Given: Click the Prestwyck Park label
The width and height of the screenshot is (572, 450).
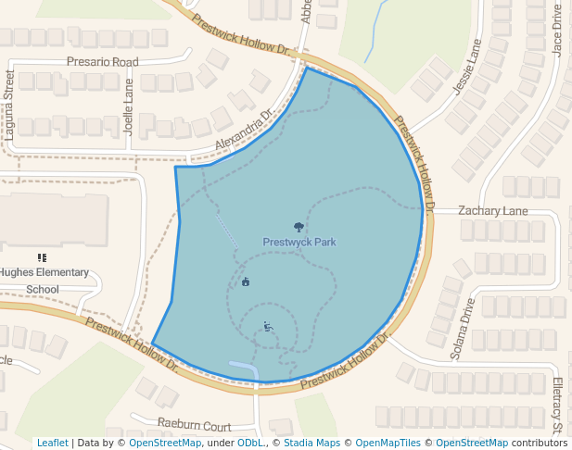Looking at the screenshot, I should coord(299,243).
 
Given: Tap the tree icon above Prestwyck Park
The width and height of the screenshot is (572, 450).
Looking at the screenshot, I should coord(299,227).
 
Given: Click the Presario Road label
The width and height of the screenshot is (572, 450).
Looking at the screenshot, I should coord(102,62).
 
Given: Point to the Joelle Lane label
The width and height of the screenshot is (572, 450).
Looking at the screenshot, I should coord(129,107).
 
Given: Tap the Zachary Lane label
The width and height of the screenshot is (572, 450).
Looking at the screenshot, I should coord(492,211).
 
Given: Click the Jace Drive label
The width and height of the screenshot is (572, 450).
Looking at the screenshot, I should coord(557,29).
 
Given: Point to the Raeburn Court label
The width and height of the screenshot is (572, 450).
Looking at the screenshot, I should coord(194,426).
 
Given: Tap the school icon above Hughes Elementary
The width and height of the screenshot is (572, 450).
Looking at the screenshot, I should coord(42,257).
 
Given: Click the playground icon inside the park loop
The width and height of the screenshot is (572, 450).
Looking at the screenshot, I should coord(267,326).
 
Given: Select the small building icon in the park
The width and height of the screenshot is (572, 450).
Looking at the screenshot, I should coord(246,282).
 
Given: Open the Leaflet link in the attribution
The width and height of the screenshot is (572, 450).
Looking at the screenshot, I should coord(53,443).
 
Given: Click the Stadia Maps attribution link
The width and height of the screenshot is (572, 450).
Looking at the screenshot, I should coord(311,443).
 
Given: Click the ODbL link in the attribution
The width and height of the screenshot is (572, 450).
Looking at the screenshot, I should coord(248,443).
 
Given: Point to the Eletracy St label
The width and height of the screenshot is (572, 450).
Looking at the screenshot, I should coord(559,406).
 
